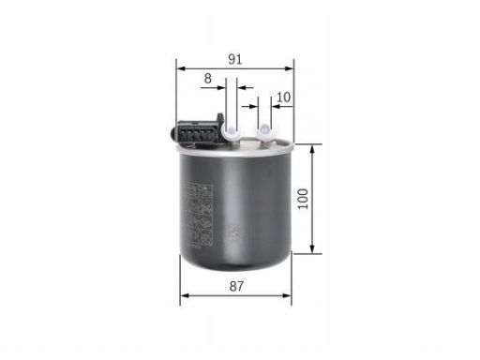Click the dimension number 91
pyautogui.click(x=235, y=58)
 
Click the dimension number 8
pyautogui.click(x=207, y=79)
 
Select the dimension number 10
pyautogui.click(x=284, y=97)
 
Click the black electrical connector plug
pyautogui.click(x=191, y=131)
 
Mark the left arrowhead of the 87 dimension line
pyautogui.click(x=184, y=294)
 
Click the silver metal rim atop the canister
pyautogui.click(x=234, y=147)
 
